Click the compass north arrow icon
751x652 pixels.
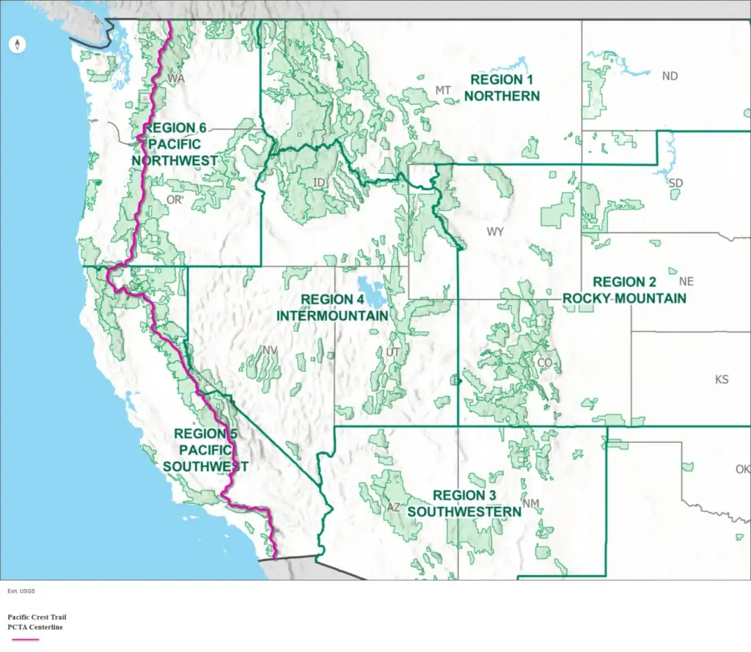tap(18, 45)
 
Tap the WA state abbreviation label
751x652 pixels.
tap(175, 78)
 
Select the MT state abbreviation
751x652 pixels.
tap(443, 90)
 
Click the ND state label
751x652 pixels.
tap(670, 76)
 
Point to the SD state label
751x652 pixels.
tap(675, 183)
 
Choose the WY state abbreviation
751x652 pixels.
tap(495, 232)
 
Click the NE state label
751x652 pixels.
tap(686, 282)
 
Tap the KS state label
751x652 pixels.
tap(722, 380)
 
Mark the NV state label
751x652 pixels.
tap(270, 351)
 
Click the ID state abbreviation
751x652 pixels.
tap(319, 182)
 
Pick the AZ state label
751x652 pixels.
tap(394, 508)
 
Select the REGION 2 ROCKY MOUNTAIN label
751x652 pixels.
tap(624, 290)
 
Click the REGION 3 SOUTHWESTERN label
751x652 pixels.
tap(464, 503)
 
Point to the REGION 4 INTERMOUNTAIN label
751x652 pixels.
tap(332, 307)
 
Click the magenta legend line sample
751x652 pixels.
tap(23, 640)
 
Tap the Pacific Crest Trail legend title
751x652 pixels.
tap(37, 618)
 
